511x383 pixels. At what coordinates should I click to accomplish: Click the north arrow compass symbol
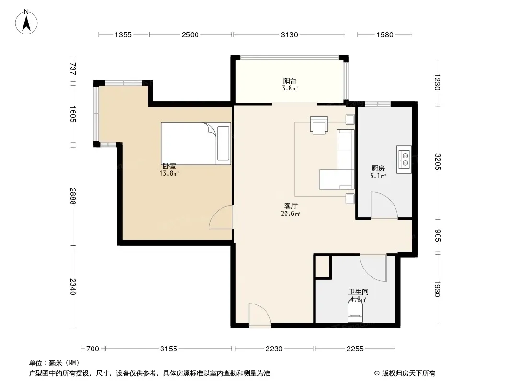26,22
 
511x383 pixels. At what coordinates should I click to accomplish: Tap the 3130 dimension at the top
290,35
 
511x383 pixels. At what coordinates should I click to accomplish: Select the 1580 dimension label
385,35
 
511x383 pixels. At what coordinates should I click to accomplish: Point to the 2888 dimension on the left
73,196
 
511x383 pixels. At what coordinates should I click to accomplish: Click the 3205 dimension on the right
438,162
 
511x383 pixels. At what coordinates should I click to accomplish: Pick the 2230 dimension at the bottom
274,349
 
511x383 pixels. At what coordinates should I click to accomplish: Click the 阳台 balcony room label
290,81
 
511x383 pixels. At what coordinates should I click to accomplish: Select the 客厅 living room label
290,206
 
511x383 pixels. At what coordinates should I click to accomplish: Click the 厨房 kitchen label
378,168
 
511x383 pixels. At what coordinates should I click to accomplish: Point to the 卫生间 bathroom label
359,292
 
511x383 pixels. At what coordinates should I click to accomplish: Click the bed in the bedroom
196,143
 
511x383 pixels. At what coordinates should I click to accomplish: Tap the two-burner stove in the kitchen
404,159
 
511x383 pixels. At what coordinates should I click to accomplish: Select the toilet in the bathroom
355,310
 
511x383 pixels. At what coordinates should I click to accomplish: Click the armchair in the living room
319,125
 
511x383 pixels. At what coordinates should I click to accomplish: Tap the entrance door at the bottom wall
260,315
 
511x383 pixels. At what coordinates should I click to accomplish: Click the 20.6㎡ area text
290,214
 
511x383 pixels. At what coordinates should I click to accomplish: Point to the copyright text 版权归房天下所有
408,373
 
